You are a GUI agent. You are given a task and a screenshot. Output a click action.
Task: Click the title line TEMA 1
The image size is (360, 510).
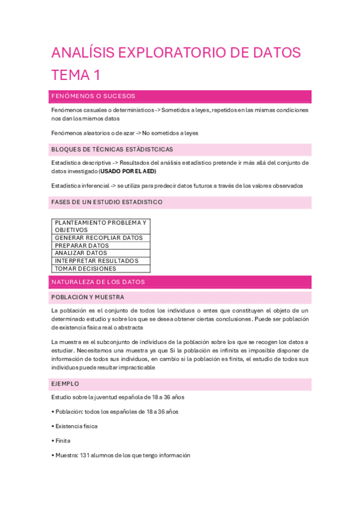(76, 75)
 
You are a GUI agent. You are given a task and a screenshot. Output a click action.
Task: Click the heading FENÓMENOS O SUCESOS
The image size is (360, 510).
(93, 96)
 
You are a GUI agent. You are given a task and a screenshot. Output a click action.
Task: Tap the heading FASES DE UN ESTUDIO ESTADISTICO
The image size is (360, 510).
(107, 202)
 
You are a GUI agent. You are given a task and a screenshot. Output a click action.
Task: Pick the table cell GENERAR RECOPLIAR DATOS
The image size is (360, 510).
(99, 238)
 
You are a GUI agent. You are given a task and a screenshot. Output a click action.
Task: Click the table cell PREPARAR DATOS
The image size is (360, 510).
(82, 245)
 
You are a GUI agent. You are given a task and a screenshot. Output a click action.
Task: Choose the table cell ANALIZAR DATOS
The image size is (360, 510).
(82, 253)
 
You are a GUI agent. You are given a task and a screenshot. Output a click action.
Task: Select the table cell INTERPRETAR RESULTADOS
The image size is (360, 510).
(96, 261)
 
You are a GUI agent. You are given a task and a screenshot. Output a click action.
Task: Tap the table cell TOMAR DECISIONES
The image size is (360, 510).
(85, 269)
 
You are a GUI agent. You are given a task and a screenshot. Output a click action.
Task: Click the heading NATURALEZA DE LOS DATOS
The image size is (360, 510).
(98, 281)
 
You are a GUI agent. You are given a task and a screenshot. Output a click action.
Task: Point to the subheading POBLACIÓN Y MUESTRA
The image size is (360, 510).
(88, 297)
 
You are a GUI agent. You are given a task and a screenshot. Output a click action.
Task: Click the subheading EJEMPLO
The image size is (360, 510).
(65, 384)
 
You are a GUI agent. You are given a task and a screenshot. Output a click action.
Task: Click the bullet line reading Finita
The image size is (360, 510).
(63, 441)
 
